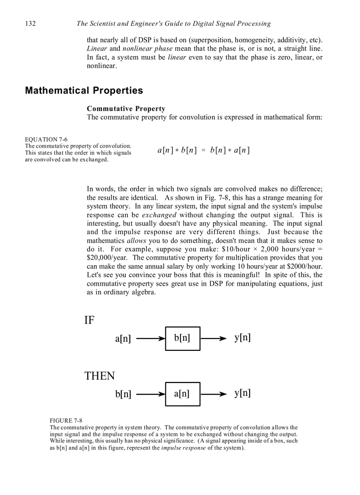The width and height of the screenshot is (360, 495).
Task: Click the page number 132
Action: coord(30,23)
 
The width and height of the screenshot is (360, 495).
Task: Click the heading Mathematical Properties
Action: coord(84,90)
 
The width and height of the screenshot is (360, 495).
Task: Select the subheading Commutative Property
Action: coord(126,108)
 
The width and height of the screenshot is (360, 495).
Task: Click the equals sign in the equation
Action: coord(203,150)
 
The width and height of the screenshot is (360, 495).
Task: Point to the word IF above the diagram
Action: coord(89,320)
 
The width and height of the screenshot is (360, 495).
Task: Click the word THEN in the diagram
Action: coord(99,376)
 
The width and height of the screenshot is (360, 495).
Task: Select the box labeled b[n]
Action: coord(182,339)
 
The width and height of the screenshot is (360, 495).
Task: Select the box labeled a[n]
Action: coord(182,394)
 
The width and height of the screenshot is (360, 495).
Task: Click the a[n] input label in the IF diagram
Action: coord(123,339)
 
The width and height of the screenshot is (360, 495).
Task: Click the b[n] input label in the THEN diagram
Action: coord(123,394)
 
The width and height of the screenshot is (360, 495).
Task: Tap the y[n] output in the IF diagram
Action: coord(242,338)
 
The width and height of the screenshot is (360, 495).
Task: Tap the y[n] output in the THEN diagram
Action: coord(242,393)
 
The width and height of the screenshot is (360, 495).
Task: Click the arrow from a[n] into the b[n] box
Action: coord(150,339)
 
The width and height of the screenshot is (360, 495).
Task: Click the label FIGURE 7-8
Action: coord(66,421)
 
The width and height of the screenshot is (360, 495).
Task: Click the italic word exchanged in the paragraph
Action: coord(159,215)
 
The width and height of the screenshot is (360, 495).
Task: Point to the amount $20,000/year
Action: coord(108,258)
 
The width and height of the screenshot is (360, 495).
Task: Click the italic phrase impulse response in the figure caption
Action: coord(183,448)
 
